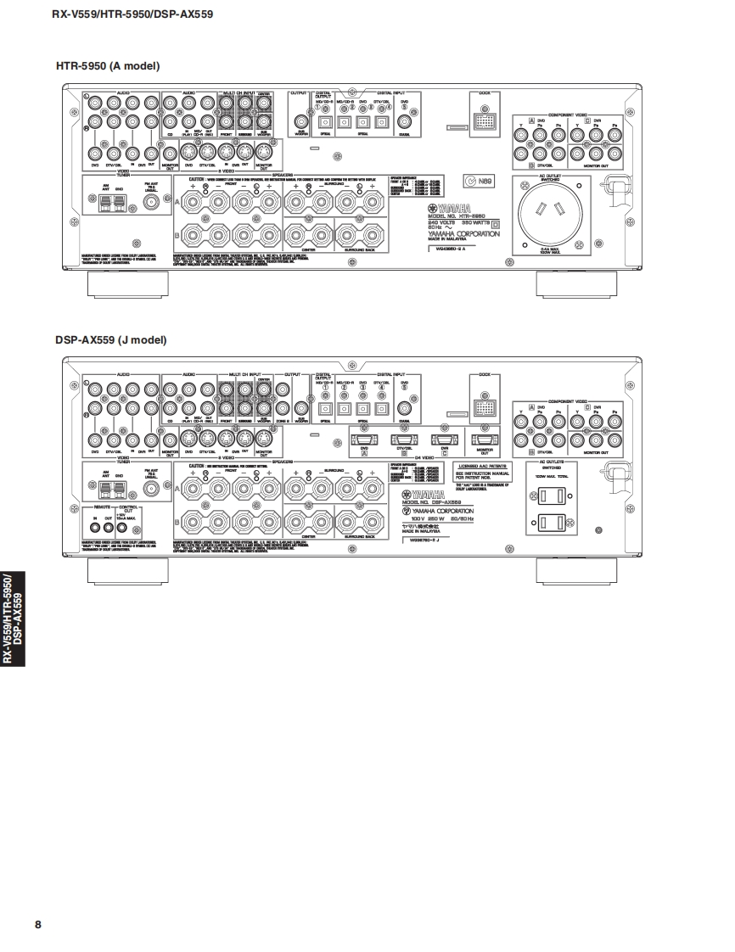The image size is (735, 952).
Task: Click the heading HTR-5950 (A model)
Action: click(108, 65)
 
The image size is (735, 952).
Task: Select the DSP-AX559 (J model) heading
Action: click(111, 339)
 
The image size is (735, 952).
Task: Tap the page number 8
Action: click(37, 924)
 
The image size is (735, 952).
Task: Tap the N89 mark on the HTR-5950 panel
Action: click(478, 180)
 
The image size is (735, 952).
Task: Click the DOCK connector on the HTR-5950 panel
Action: click(485, 123)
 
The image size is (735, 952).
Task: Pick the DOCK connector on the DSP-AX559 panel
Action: click(485, 407)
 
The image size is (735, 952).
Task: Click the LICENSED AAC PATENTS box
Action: click(482, 470)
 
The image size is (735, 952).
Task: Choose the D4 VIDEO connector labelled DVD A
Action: click(362, 439)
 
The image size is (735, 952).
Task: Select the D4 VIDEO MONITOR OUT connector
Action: click(484, 439)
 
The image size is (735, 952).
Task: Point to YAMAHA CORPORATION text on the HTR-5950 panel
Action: click(463, 233)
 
